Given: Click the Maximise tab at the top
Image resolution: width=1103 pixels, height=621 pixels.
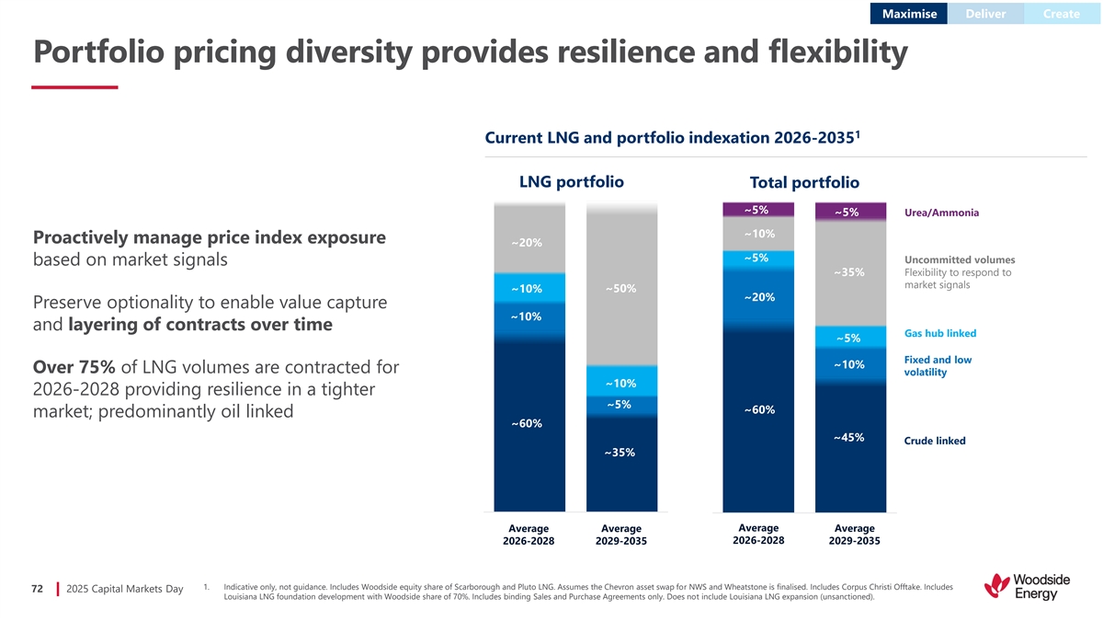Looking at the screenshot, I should tap(909, 14).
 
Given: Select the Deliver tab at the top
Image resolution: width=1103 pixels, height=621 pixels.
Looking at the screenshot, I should tap(986, 14).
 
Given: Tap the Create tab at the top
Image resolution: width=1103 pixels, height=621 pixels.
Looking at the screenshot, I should tap(1062, 14).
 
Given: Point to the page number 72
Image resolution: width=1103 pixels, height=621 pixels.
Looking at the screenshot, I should tap(38, 589).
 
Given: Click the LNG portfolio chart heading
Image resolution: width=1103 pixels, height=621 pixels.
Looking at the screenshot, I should tap(571, 181).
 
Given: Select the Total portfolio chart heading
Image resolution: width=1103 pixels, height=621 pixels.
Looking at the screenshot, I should tap(804, 183).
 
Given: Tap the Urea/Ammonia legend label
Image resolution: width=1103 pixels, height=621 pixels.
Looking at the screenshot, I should tap(941, 213).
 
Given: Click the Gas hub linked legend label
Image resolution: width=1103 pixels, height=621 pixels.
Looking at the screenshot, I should tap(940, 333).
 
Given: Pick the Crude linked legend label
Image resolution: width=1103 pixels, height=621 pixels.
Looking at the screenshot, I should tap(935, 441).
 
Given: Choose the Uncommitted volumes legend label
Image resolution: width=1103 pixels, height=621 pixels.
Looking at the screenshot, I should tap(960, 259).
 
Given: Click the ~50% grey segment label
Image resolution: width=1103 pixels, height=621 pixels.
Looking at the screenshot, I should tap(621, 289).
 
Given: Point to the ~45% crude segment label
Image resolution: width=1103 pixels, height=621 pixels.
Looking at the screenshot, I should tap(848, 437).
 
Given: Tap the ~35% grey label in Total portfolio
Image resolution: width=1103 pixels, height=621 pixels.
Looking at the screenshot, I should tap(848, 272).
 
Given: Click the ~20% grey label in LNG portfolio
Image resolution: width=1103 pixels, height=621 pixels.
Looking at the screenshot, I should tap(526, 242).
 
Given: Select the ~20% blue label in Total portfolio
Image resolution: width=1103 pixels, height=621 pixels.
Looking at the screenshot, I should tap(759, 297).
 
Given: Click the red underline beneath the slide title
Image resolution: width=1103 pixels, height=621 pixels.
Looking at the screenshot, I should tap(74, 87).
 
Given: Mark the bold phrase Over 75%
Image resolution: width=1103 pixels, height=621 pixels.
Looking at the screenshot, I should tap(74, 367).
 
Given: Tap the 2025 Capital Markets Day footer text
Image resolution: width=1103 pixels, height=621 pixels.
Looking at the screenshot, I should tap(125, 589).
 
